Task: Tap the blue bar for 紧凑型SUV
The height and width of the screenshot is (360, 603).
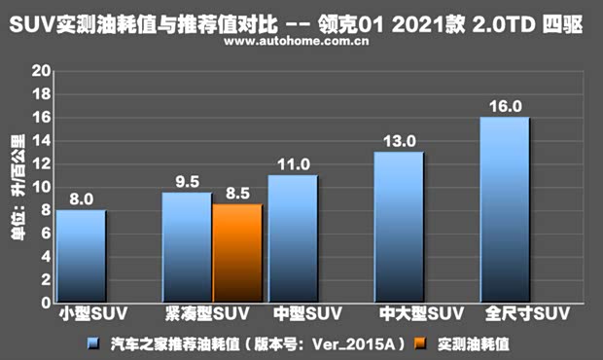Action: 187,247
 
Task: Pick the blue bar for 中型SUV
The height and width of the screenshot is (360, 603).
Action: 293,238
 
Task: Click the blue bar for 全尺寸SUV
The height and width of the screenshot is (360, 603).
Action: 505,209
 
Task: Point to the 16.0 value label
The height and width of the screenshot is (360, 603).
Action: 505,106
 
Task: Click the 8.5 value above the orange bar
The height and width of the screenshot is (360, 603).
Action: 237,193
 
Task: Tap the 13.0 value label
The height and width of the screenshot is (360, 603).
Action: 399,141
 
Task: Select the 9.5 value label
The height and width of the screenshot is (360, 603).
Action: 187,181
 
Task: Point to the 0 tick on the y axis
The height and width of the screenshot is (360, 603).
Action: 44,303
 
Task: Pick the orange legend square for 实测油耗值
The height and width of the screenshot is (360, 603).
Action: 419,343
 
